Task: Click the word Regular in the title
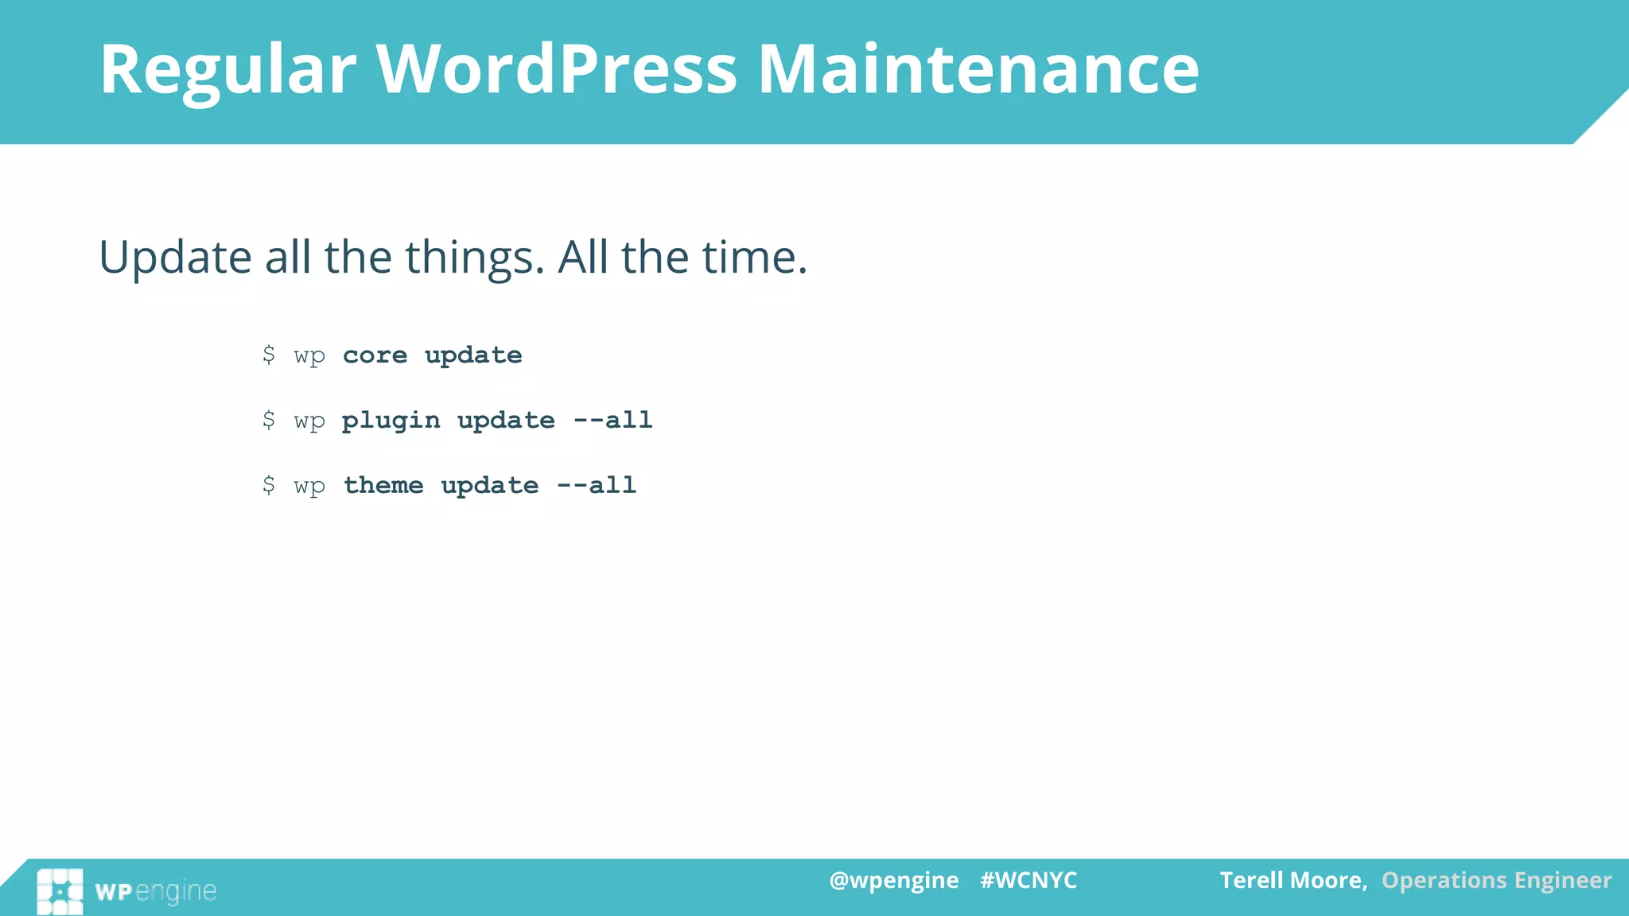pyautogui.click(x=227, y=70)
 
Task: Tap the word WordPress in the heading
pyautogui.click(x=557, y=70)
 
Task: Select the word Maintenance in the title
pyautogui.click(x=978, y=70)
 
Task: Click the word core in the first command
pyautogui.click(x=375, y=355)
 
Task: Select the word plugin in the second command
pyautogui.click(x=391, y=421)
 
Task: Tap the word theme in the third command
pyautogui.click(x=383, y=485)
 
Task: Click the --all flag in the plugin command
pyautogui.click(x=612, y=420)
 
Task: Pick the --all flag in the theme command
pyautogui.click(x=597, y=485)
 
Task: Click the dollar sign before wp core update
pyautogui.click(x=269, y=355)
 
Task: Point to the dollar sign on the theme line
pyautogui.click(x=269, y=485)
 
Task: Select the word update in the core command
pyautogui.click(x=473, y=355)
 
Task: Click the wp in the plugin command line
pyautogui.click(x=309, y=421)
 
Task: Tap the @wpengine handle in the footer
pyautogui.click(x=893, y=880)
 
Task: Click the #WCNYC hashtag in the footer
pyautogui.click(x=1028, y=880)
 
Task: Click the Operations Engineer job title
pyautogui.click(x=1496, y=880)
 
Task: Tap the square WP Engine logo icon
pyautogui.click(x=60, y=891)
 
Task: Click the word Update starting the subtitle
pyautogui.click(x=175, y=258)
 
